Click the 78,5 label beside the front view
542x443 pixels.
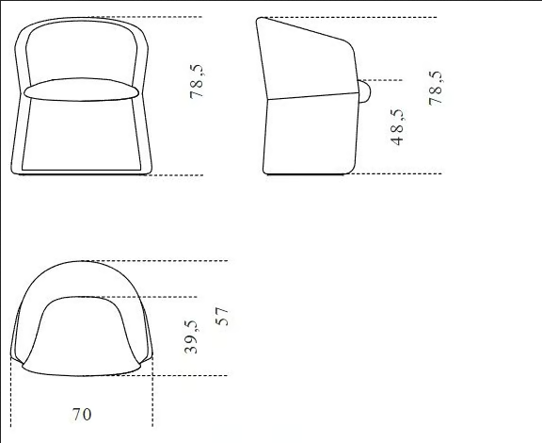click(197, 81)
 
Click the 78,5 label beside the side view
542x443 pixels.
click(435, 88)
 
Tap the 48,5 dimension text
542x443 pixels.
click(397, 127)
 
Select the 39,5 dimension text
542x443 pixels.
click(191, 336)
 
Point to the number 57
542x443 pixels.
click(222, 317)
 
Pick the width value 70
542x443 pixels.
click(82, 414)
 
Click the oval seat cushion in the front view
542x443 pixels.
click(81, 90)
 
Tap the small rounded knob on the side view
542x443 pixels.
click(364, 91)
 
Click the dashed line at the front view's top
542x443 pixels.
click(145, 17)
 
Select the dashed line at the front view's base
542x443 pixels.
click(173, 175)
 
